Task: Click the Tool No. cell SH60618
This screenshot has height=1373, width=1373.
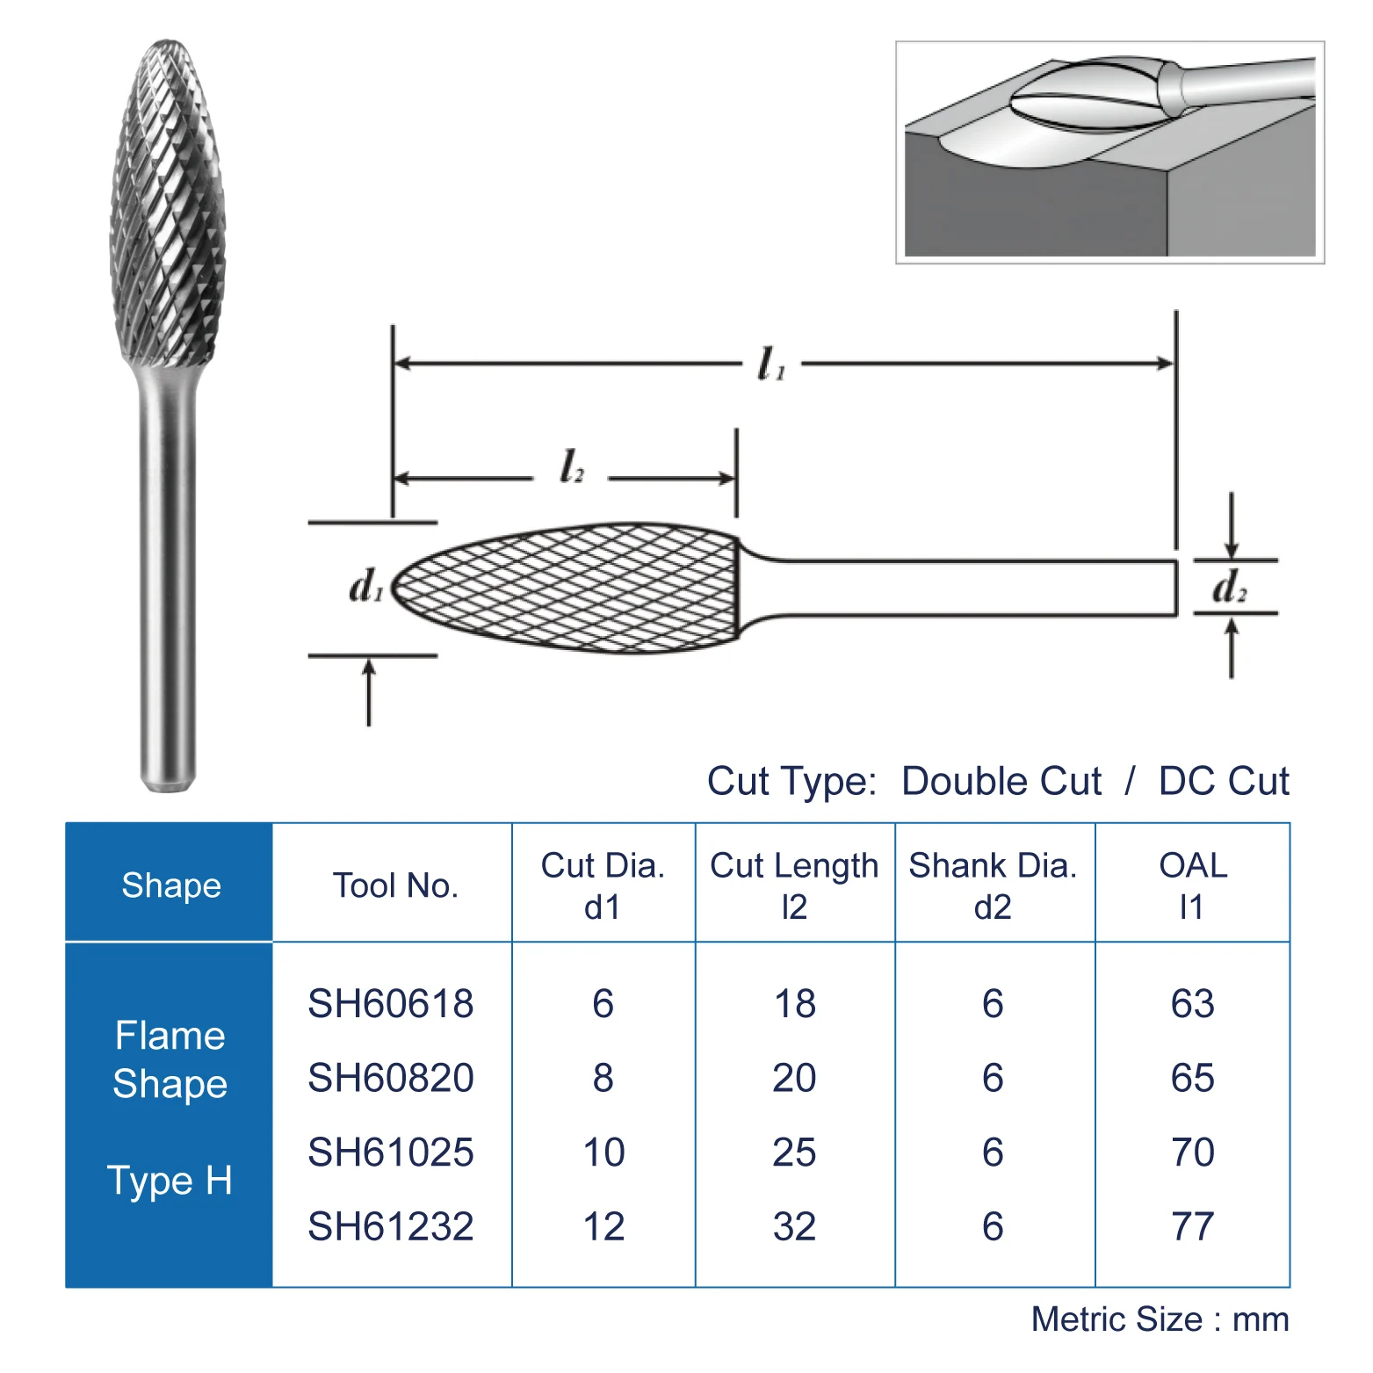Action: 391,1003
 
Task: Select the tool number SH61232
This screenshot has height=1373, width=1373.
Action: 391,1226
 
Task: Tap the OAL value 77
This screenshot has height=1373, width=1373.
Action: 1192,1226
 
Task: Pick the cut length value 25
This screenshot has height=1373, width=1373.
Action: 794,1152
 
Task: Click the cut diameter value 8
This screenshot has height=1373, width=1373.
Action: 603,1078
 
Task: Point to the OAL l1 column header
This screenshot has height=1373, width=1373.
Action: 1192,885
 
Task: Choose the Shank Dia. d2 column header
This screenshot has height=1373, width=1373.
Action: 993,885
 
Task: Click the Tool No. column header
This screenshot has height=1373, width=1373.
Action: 395,885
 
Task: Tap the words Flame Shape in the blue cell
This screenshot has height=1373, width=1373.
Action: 170,1059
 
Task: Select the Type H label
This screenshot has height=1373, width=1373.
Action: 170,1180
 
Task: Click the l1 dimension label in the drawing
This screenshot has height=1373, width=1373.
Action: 770,364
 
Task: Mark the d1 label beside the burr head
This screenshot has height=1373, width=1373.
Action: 365,586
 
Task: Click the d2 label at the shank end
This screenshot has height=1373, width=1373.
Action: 1229,587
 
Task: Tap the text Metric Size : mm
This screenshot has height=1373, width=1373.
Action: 1160,1319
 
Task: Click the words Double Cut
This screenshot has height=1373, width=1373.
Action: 1001,781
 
